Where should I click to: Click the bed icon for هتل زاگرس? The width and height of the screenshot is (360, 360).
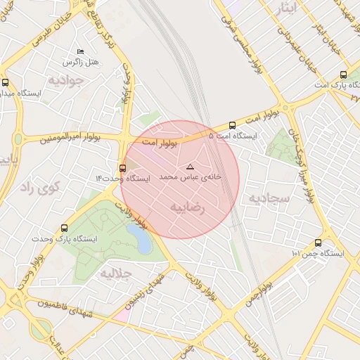click(80, 52)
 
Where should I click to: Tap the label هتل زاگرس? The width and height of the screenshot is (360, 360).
click(80, 63)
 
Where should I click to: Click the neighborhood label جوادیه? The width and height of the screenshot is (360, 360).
click(66, 80)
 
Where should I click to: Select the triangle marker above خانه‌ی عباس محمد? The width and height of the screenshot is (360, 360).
click(189, 167)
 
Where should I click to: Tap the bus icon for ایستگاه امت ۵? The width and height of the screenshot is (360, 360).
click(232, 126)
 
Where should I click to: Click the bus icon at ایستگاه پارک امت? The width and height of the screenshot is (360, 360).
click(343, 75)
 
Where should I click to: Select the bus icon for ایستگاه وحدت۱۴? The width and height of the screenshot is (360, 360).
click(123, 168)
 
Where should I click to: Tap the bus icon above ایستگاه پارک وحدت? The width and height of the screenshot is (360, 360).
click(65, 228)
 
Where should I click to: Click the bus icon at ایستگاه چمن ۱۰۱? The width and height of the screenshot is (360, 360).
click(319, 243)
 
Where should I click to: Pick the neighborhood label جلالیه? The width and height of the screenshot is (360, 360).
click(116, 273)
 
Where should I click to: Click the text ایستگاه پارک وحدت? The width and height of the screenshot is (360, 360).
click(64, 239)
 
